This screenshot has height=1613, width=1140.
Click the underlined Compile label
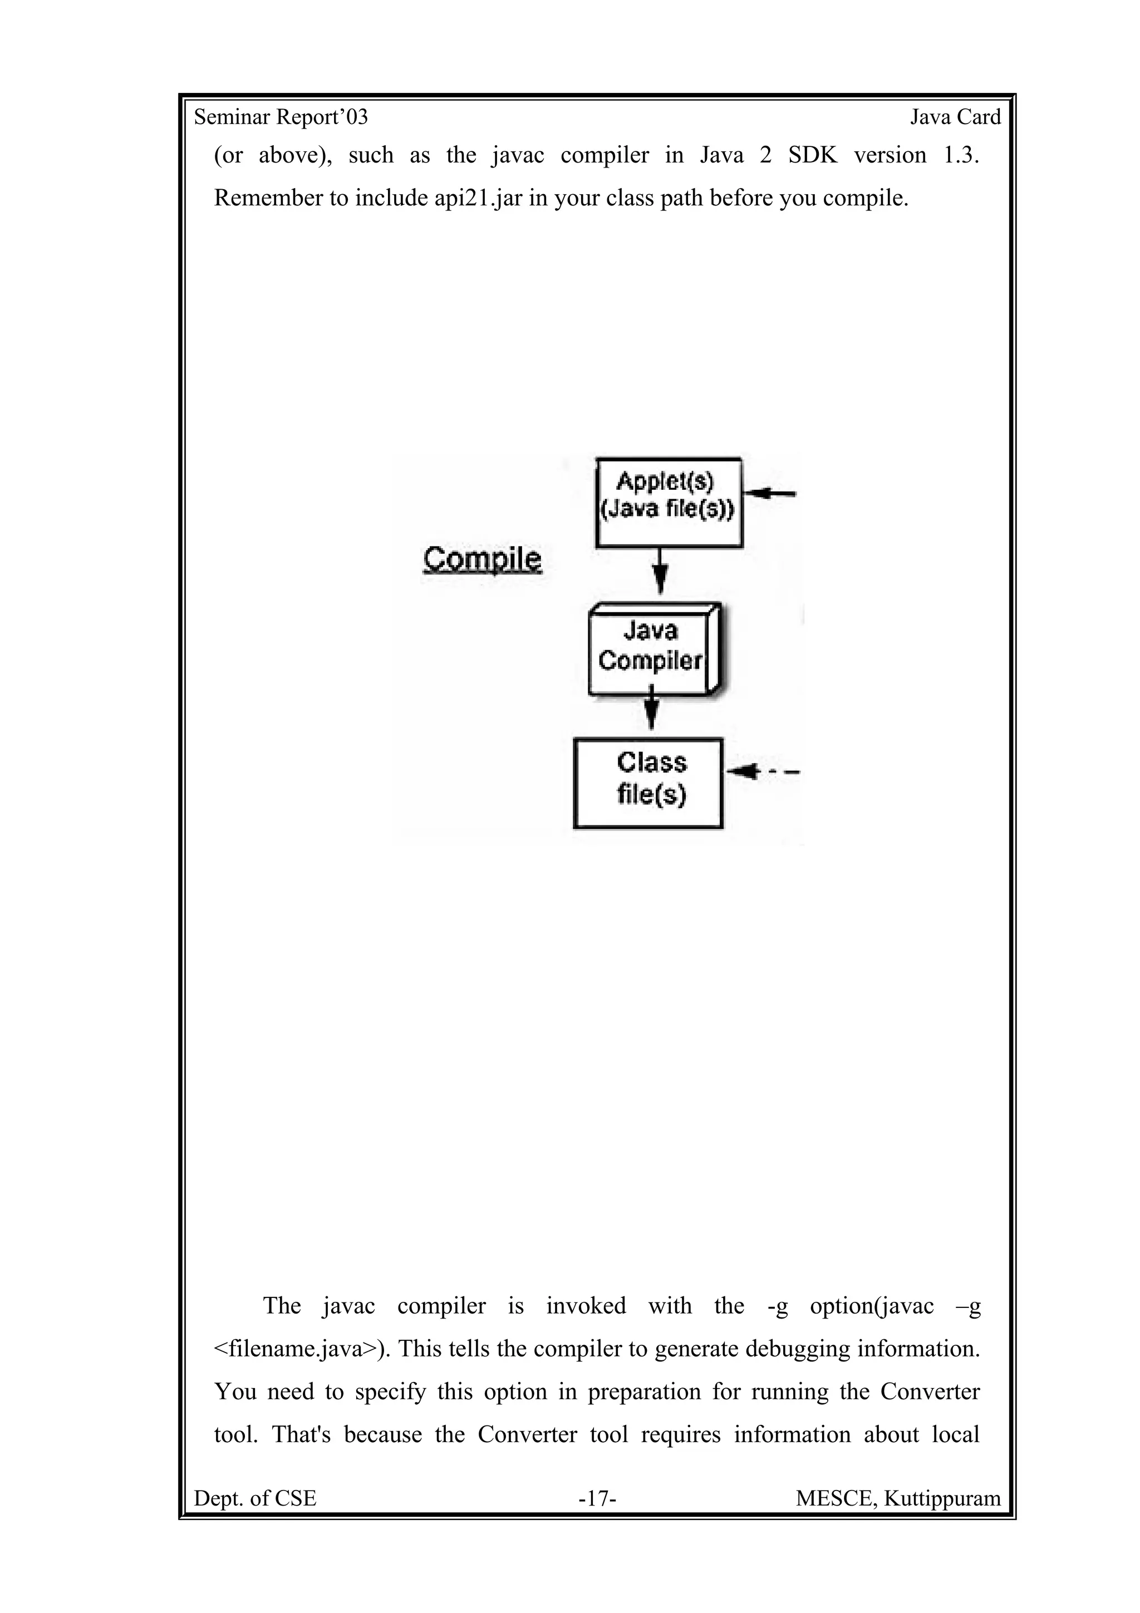tap(483, 560)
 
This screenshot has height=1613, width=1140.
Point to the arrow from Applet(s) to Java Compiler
tap(660, 571)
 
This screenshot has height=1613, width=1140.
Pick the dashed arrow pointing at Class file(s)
tap(762, 771)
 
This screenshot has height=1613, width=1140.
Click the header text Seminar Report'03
tap(281, 117)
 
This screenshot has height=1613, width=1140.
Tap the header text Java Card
tap(955, 117)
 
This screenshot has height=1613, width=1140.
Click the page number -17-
tap(597, 1498)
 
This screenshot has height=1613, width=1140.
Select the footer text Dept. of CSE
tap(255, 1498)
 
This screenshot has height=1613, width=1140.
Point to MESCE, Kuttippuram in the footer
tap(898, 1498)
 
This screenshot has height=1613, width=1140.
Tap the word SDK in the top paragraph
tap(813, 155)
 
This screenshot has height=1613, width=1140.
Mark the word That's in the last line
tap(301, 1434)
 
